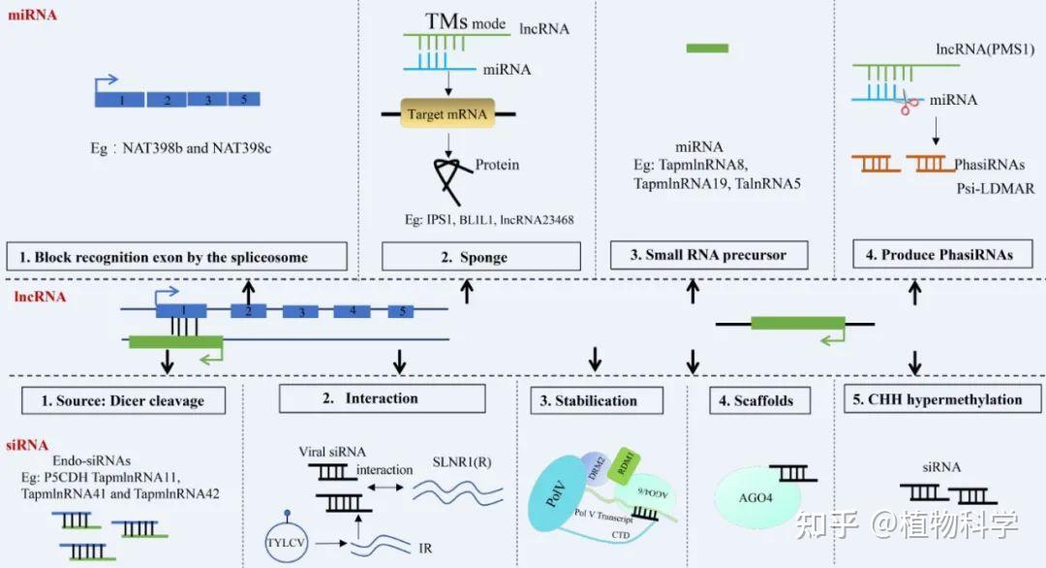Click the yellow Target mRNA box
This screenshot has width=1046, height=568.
tap(448, 114)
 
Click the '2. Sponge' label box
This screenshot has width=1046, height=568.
tap(480, 257)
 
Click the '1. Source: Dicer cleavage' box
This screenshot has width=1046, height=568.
tap(127, 399)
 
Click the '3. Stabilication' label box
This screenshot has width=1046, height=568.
tap(597, 400)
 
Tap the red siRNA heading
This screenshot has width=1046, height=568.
tap(27, 445)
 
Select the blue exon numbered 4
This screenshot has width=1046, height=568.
tap(353, 311)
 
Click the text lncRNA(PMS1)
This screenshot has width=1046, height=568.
tap(985, 47)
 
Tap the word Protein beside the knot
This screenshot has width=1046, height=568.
tap(497, 165)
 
